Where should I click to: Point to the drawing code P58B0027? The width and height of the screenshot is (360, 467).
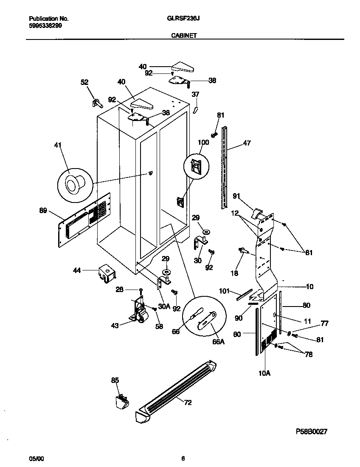tap(311, 431)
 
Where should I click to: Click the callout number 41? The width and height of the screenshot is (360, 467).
tap(58, 146)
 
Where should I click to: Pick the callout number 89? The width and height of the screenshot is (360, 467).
tap(43, 211)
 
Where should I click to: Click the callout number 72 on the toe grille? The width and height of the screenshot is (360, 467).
tap(187, 402)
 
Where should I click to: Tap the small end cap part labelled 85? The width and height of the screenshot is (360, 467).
tap(121, 401)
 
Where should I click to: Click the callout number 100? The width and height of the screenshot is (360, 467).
tap(203, 143)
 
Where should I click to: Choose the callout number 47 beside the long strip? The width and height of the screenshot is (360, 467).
tap(247, 143)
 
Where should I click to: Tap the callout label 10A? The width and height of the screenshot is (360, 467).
tap(264, 373)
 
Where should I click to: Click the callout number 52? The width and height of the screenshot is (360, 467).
tap(85, 82)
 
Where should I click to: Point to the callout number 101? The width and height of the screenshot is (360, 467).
tap(224, 291)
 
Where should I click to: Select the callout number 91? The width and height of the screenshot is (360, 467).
tap(236, 196)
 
